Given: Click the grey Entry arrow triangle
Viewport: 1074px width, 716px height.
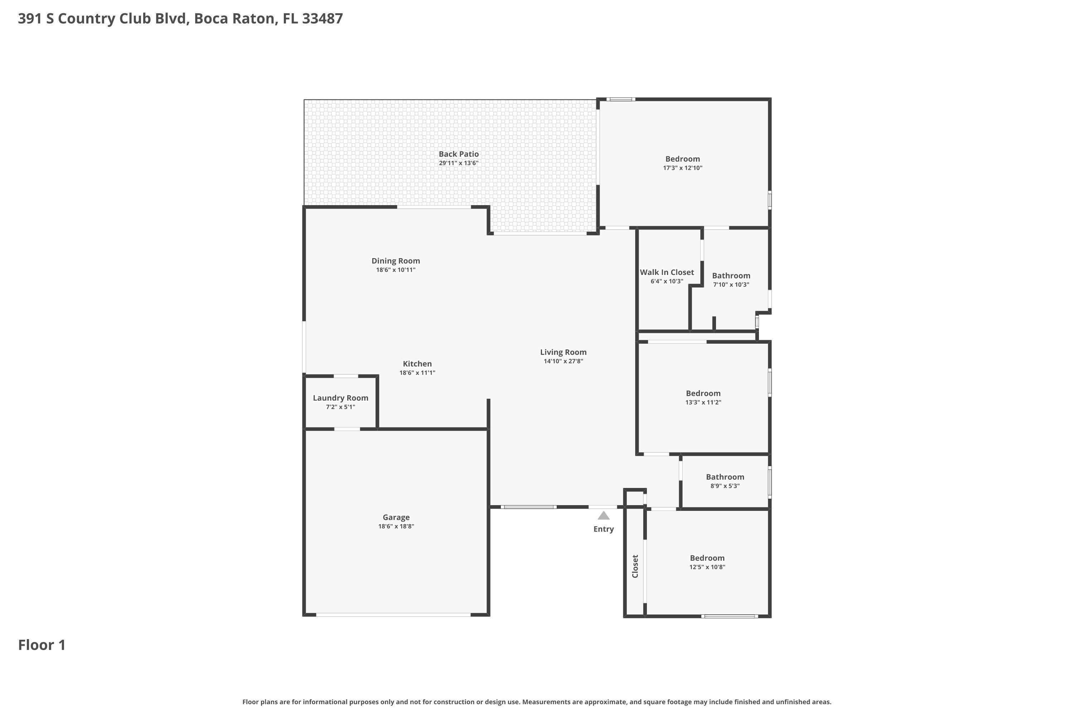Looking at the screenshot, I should (603, 516).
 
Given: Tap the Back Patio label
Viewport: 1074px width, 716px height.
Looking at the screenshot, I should (459, 154).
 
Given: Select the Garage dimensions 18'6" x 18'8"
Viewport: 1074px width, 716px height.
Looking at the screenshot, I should (396, 526).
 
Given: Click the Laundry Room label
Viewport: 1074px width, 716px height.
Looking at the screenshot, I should (340, 398).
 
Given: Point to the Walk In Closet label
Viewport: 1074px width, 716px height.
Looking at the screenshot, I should (667, 272).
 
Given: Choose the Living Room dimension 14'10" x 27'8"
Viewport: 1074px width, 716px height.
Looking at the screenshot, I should (563, 361).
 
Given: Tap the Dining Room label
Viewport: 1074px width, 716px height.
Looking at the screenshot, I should (396, 261).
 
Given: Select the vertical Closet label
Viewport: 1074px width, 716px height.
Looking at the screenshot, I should (635, 566).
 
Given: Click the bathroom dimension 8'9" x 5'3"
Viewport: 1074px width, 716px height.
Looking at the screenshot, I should (725, 486).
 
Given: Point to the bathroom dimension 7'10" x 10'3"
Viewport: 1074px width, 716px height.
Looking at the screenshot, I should (731, 285).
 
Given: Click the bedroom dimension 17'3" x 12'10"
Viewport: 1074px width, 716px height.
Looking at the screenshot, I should (682, 168).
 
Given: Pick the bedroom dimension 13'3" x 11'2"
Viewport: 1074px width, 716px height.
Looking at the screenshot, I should (703, 402).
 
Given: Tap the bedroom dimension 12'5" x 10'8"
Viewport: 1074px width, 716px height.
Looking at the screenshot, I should (707, 567).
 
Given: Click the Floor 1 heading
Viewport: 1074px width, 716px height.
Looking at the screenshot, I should (42, 645).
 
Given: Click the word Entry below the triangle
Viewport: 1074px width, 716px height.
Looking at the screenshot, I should (603, 529).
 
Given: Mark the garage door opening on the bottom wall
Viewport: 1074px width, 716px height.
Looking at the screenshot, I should (393, 615).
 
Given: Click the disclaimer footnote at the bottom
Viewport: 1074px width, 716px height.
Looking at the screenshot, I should (537, 702).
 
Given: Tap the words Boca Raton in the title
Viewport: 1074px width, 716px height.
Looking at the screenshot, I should (235, 19).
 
